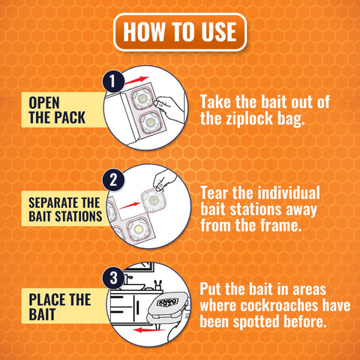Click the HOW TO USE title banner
click(180, 32)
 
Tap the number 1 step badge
click(113, 81)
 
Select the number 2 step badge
click(113, 179)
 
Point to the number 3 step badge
click(113, 277)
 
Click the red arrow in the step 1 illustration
click(136, 80)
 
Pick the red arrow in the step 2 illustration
click(130, 205)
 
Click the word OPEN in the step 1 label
click(44, 103)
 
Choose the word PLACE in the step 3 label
click(47, 300)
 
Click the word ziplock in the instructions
click(250, 118)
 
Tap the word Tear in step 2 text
click(214, 193)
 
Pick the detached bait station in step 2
click(154, 200)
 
